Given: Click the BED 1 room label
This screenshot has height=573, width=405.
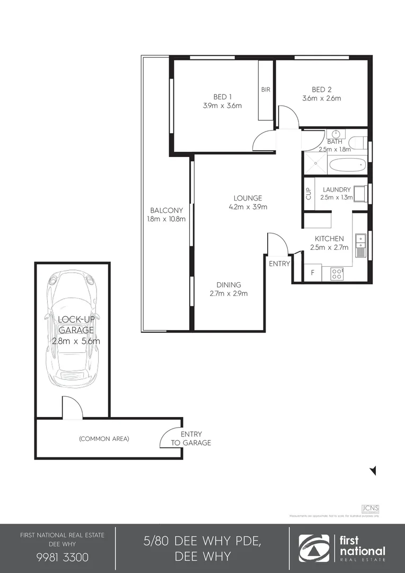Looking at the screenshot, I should (x=222, y=97).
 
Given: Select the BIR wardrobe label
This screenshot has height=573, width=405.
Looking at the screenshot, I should (x=266, y=90).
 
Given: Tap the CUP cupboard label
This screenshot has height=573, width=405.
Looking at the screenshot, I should (x=308, y=194).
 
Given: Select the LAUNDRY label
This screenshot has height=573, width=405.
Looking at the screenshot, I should (x=336, y=189).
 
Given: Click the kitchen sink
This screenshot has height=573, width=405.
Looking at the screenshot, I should (x=360, y=241).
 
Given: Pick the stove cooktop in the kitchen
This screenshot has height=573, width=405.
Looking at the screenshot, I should (x=337, y=273).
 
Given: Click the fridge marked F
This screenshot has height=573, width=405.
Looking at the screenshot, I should (x=313, y=273).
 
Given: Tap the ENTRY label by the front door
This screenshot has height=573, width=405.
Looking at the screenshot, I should (x=279, y=264).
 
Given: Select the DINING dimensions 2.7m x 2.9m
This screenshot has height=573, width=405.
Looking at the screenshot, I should (x=229, y=293).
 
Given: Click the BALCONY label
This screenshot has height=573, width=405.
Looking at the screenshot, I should (x=166, y=210).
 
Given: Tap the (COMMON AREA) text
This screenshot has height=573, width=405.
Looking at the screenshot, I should (x=104, y=439).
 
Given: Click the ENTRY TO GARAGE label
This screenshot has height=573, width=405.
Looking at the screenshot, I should (x=191, y=438).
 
